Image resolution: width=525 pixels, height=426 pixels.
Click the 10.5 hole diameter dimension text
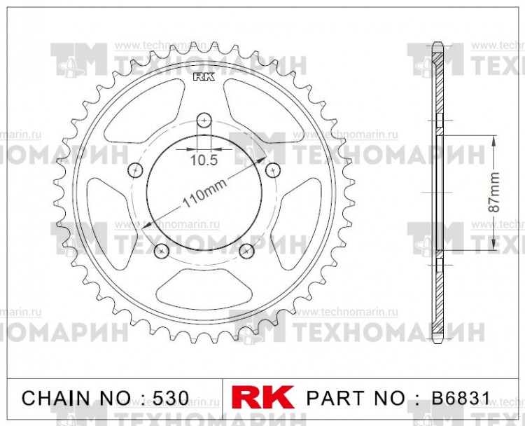pyautogui.click(x=203, y=160)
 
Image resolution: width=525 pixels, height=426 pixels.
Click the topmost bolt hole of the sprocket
pyautogui.click(x=203, y=118)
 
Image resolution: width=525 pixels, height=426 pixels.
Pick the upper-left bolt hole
pyautogui.click(x=136, y=169)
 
